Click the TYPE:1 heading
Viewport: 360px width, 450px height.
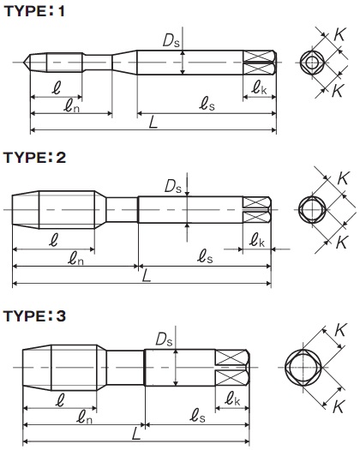tap(34, 11)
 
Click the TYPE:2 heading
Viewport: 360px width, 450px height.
tap(35, 157)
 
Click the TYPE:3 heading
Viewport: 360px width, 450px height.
tap(35, 315)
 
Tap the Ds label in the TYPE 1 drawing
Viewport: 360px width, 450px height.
tap(171, 40)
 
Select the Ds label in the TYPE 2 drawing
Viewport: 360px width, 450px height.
tap(173, 186)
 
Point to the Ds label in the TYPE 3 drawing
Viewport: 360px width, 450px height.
tap(164, 339)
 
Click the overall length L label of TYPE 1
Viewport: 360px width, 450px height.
tap(153, 123)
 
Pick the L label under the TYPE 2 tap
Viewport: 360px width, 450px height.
tap(147, 277)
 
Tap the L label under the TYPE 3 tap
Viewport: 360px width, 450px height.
tap(136, 434)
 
